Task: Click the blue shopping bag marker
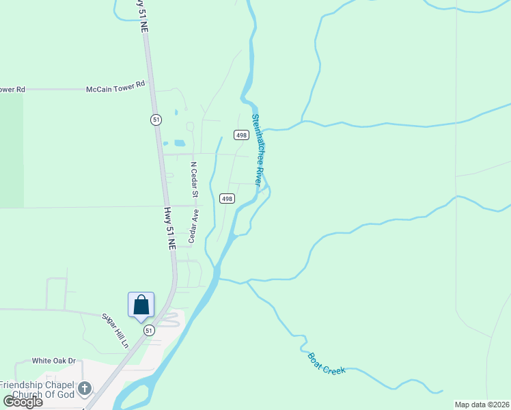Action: click(x=141, y=305)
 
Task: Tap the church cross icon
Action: click(x=84, y=389)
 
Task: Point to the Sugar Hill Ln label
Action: click(x=115, y=331)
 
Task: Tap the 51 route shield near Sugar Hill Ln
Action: click(x=149, y=330)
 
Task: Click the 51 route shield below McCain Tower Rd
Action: click(x=156, y=120)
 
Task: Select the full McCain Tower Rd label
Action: click(x=116, y=89)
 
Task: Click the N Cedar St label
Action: click(x=194, y=180)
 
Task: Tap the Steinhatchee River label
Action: click(x=257, y=150)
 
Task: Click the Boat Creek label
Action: click(x=327, y=363)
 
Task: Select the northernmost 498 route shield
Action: click(x=240, y=135)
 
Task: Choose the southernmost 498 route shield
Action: click(x=227, y=198)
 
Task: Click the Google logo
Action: click(x=23, y=402)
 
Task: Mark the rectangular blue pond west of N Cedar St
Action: click(x=180, y=143)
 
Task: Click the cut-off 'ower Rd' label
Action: click(x=12, y=90)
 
